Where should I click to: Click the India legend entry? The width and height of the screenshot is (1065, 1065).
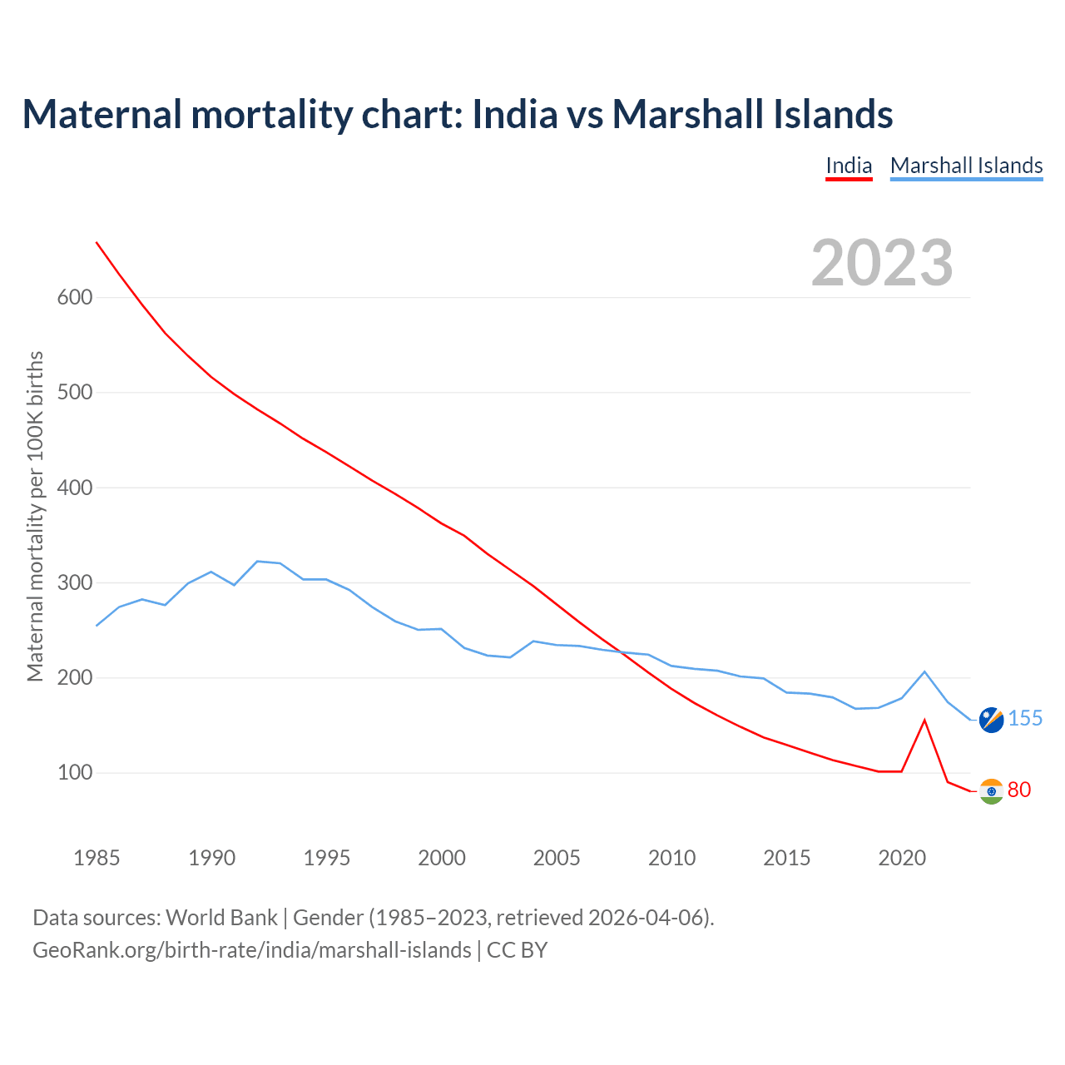pyautogui.click(x=849, y=166)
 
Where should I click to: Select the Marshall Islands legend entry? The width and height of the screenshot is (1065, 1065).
pyautogui.click(x=966, y=166)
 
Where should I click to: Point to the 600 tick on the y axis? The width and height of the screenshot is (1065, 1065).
pyautogui.click(x=74, y=297)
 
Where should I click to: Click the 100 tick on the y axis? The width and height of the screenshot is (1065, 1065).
pyautogui.click(x=74, y=773)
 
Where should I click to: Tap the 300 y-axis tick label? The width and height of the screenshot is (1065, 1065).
pyautogui.click(x=74, y=582)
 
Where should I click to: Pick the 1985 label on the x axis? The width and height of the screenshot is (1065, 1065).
pyautogui.click(x=97, y=858)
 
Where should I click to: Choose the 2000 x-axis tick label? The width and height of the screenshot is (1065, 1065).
pyautogui.click(x=442, y=858)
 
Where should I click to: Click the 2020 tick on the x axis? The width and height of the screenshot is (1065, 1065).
pyautogui.click(x=902, y=858)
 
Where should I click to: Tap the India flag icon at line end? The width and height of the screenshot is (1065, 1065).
pyautogui.click(x=991, y=791)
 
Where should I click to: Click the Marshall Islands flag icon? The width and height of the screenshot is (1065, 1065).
pyautogui.click(x=991, y=720)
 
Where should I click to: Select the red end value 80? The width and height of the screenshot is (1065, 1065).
pyautogui.click(x=1019, y=790)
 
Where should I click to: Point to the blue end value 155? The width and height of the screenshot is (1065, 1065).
pyautogui.click(x=1025, y=718)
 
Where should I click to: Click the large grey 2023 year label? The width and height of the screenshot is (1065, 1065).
pyautogui.click(x=882, y=263)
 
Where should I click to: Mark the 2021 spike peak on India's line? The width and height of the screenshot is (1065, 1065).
pyautogui.click(x=924, y=721)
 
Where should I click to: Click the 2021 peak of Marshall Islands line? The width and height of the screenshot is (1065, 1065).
pyautogui.click(x=924, y=671)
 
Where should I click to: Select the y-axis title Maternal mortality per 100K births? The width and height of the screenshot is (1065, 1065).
pyautogui.click(x=35, y=516)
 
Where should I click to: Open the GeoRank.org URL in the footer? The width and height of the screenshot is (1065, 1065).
pyautogui.click(x=251, y=949)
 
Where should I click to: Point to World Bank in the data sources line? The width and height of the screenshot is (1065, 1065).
pyautogui.click(x=221, y=918)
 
